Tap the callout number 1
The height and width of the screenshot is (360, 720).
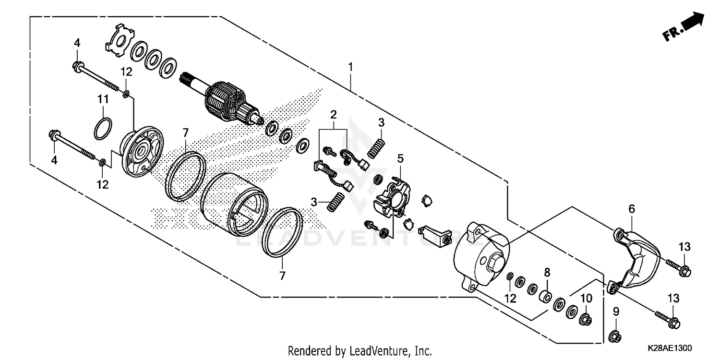[350, 66]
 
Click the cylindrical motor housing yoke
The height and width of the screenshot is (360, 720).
[234, 204]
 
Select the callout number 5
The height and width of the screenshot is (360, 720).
[400, 157]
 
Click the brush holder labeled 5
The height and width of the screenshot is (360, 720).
[391, 197]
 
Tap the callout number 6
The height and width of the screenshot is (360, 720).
[632, 209]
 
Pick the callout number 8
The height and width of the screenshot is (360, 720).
[547, 273]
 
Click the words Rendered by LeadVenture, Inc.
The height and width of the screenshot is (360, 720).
[360, 350]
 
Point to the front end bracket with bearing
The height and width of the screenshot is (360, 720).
[142, 154]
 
